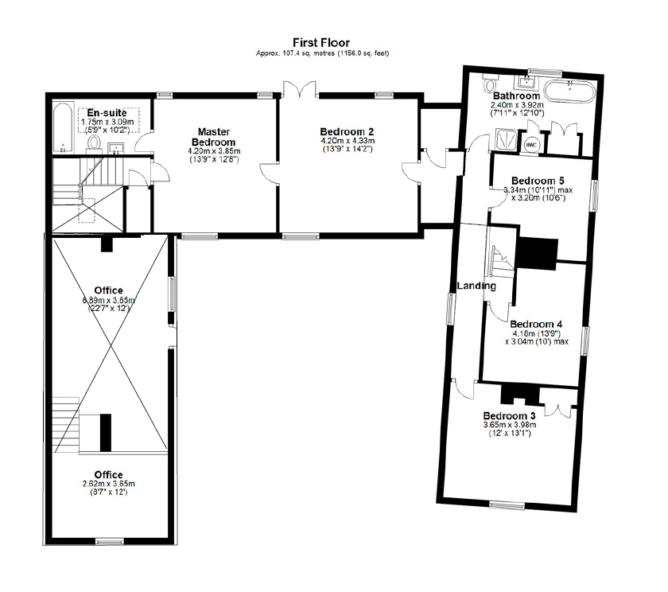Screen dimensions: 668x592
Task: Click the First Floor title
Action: click(321, 43)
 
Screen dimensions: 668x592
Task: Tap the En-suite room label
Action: click(107, 113)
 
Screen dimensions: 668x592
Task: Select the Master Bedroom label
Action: click(214, 137)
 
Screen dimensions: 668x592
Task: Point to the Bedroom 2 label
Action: click(348, 132)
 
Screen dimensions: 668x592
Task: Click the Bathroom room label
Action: click(516, 96)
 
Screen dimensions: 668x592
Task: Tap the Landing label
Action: click(476, 286)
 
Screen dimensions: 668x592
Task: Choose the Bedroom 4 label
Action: click(536, 325)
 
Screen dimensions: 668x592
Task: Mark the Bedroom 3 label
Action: click(509, 415)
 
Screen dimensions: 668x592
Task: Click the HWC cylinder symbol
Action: click(531, 145)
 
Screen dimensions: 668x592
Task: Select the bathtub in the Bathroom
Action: click(570, 92)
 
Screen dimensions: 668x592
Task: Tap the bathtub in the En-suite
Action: click(64, 127)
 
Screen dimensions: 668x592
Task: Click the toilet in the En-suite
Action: click(93, 143)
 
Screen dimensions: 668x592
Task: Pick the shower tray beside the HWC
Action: click(507, 139)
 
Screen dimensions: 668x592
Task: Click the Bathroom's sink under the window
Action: click(527, 81)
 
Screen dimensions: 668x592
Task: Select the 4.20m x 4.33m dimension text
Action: click(348, 141)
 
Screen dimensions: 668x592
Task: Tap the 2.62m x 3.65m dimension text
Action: click(109, 484)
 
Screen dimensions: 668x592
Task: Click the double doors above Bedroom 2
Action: click(301, 89)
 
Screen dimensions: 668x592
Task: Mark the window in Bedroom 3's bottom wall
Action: click(507, 505)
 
